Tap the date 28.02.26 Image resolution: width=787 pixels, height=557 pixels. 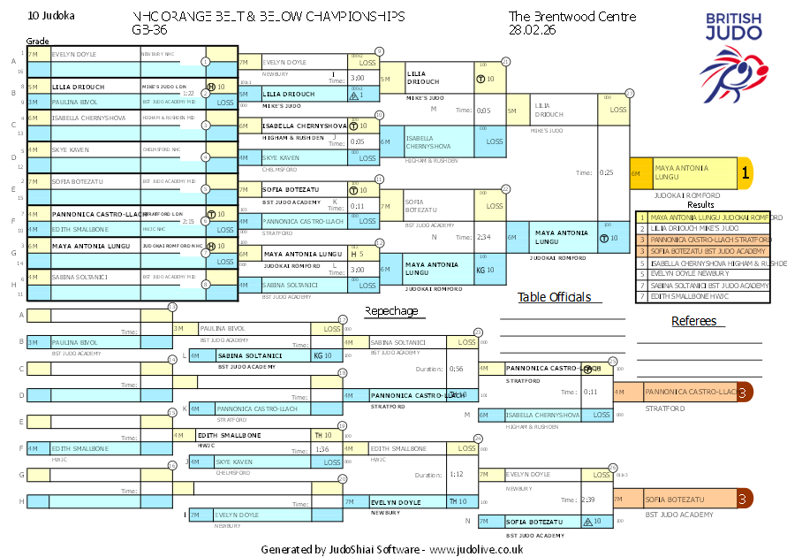click(532, 29)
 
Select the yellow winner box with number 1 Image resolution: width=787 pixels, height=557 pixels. click(744, 174)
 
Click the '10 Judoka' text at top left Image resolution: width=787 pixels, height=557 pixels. click(52, 16)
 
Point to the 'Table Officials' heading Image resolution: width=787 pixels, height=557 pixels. click(554, 298)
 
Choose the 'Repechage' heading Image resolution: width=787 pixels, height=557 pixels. click(391, 311)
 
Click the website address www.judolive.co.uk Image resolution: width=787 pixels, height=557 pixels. click(476, 549)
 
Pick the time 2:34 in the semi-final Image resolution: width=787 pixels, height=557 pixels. click(482, 237)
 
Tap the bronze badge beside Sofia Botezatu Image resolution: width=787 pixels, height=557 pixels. click(745, 500)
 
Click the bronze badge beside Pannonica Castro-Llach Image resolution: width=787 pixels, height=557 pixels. click(745, 392)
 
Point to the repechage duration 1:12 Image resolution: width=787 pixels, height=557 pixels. click(456, 474)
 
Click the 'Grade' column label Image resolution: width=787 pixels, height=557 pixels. click(37, 41)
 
